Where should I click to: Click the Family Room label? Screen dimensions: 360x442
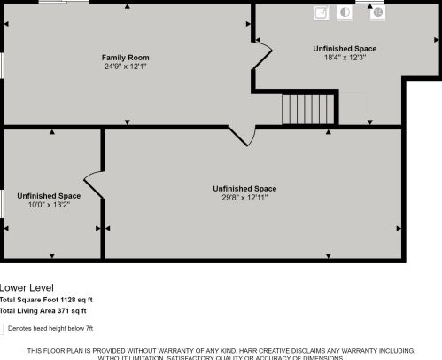tap(126, 57)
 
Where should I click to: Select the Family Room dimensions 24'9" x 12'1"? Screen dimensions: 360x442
tap(126, 66)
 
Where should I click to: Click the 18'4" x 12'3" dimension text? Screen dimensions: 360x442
tap(345, 58)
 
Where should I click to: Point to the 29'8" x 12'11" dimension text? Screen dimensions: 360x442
tap(244, 198)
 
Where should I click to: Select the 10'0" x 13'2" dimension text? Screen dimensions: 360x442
tap(49, 205)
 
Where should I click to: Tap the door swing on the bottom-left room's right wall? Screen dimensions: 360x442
tap(94, 182)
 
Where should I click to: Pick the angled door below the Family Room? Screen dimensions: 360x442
tap(241, 135)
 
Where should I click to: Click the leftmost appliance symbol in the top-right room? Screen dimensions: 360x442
tap(322, 12)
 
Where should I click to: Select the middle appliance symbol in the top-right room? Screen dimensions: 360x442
tap(345, 12)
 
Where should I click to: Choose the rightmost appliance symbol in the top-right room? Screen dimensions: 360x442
tap(376, 12)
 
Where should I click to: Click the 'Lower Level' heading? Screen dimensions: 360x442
tap(27, 287)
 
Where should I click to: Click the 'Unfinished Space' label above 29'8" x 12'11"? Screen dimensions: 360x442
tap(244, 188)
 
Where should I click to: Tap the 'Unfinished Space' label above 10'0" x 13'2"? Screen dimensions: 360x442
tap(49, 195)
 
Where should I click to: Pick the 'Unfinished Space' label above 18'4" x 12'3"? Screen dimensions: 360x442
tap(345, 48)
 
